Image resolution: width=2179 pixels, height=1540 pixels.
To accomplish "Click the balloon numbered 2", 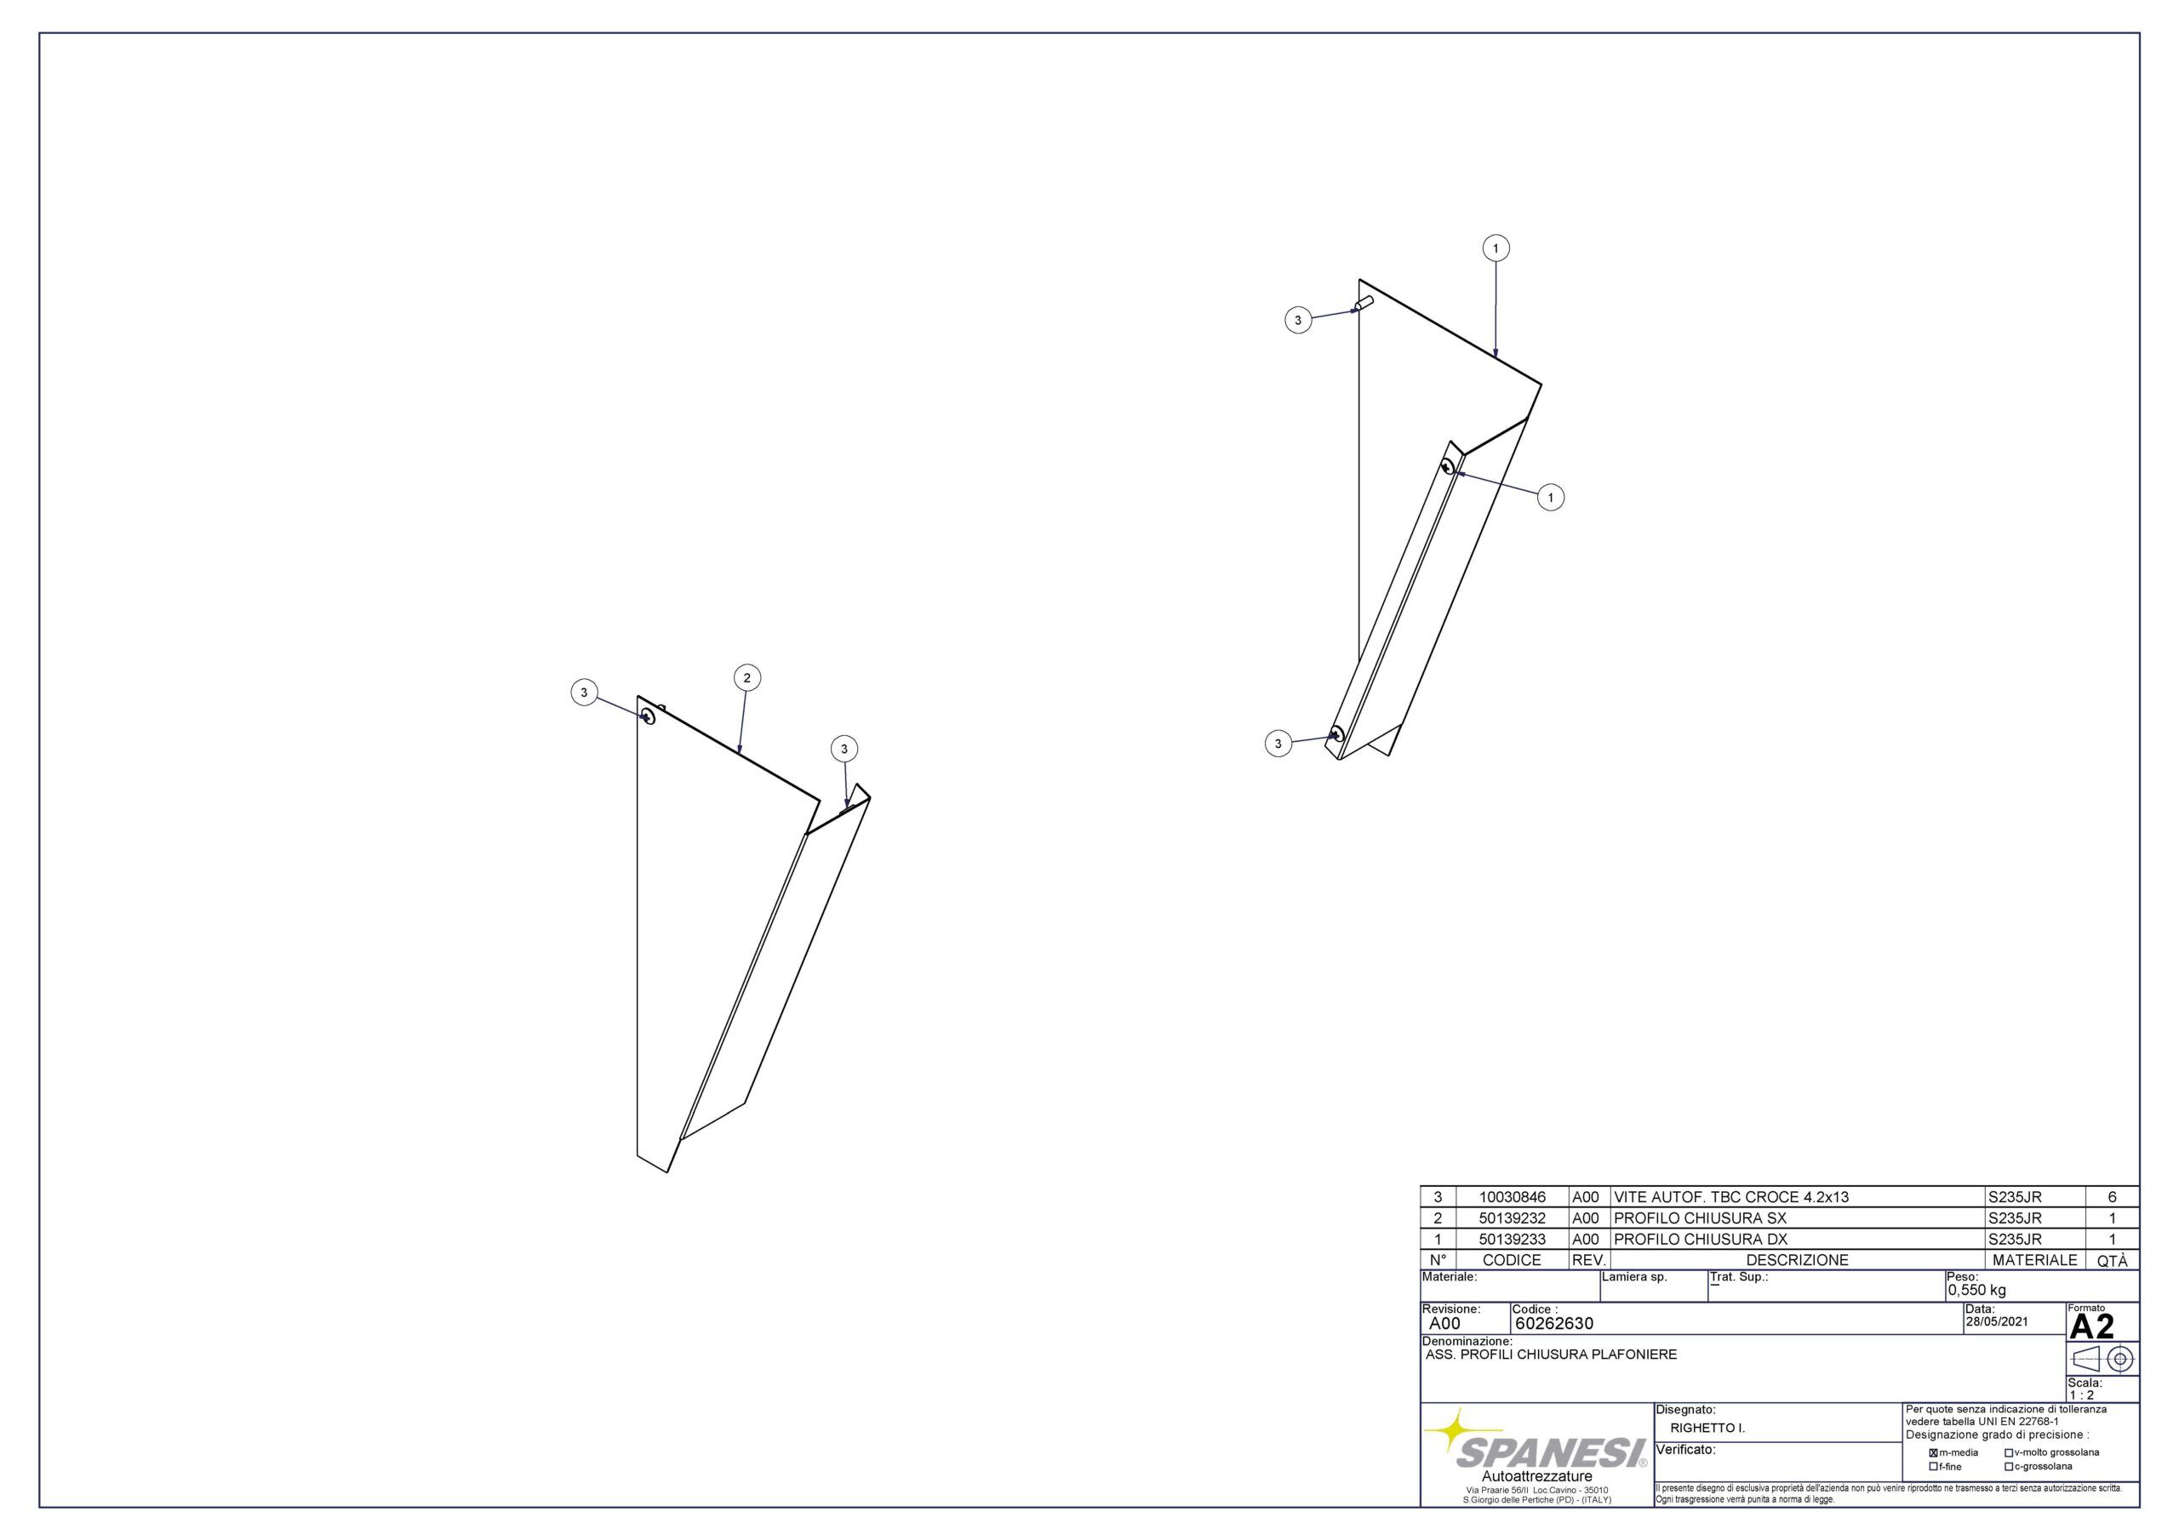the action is (746, 677).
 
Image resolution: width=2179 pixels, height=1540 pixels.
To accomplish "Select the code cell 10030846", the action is (1512, 1197).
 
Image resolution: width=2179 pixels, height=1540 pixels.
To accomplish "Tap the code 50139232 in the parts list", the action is (1512, 1218).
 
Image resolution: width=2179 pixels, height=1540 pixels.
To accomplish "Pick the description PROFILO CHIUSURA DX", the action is (1701, 1239).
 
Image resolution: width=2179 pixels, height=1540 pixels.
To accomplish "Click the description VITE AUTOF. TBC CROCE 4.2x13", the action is (1731, 1197).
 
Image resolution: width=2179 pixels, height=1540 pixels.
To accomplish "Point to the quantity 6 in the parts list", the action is (2112, 1197).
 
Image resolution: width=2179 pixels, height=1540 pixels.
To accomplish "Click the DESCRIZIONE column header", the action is (1798, 1260).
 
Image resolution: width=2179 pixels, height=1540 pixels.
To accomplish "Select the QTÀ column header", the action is (2112, 1261).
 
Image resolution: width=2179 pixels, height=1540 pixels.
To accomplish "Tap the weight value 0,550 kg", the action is (1977, 1291).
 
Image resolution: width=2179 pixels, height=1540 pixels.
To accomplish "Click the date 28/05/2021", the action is (1997, 1321).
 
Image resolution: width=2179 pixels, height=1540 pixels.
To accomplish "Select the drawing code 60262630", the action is (1554, 1324).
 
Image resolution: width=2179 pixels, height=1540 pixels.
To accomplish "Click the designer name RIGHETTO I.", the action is (1708, 1428).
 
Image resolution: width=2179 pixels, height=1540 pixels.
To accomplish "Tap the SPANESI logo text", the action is (1551, 1452).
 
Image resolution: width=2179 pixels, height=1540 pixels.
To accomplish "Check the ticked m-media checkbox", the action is (1933, 1452).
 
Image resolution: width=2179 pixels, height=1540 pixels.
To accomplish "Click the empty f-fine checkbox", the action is (1933, 1467).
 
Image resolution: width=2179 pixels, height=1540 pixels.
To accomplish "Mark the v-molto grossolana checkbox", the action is (2008, 1452).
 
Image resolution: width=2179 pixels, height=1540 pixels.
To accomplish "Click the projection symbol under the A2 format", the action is (2102, 1359).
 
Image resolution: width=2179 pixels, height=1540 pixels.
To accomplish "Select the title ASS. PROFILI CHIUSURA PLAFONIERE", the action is (1551, 1355).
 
